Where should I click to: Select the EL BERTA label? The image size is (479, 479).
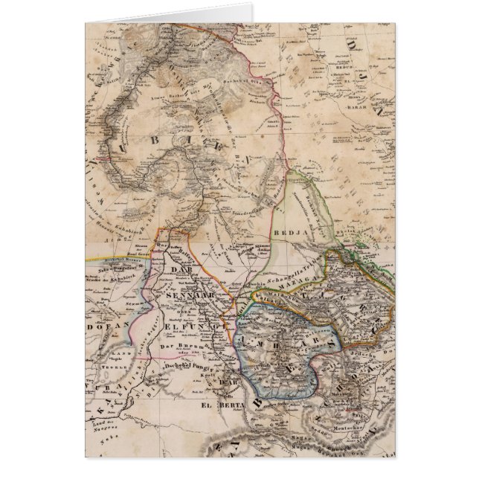click(215, 407)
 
